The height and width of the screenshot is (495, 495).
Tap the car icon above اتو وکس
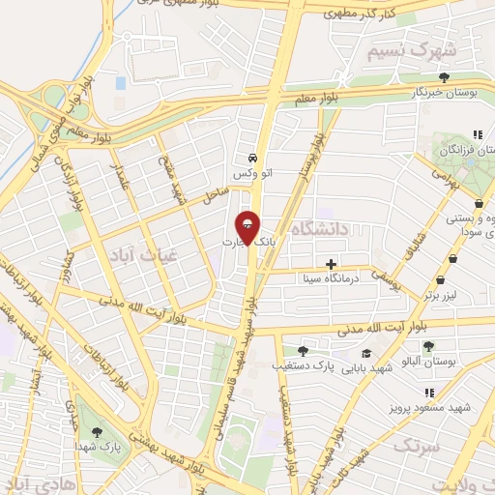251,158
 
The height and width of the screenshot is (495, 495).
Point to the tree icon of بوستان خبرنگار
444,77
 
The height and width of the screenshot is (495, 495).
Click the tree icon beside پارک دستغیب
304,351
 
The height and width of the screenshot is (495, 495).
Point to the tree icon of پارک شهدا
95,432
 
